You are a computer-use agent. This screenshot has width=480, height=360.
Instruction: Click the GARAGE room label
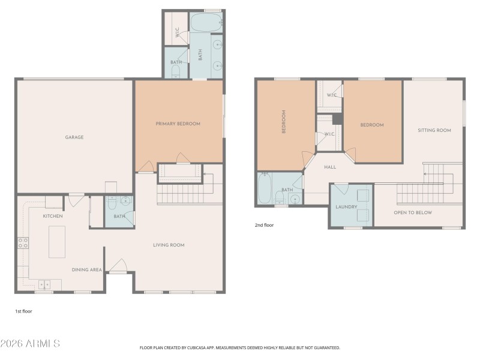click(74, 137)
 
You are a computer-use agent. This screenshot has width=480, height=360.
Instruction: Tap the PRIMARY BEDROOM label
click(178, 124)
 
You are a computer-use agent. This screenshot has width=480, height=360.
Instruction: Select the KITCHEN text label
click(53, 216)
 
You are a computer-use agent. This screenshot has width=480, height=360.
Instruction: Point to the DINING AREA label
click(87, 270)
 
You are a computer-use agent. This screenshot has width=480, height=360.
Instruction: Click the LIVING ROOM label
click(169, 245)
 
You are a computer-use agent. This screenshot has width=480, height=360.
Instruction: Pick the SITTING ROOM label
click(434, 130)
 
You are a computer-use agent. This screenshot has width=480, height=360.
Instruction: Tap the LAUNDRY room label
click(346, 207)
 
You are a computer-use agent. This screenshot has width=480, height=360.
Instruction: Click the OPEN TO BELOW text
click(412, 212)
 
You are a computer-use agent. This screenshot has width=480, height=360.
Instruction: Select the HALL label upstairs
click(330, 167)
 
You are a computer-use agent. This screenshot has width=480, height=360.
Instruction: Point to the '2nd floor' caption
click(265, 226)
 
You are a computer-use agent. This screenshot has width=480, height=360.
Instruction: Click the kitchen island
click(57, 242)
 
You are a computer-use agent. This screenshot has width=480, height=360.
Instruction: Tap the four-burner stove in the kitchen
click(23, 243)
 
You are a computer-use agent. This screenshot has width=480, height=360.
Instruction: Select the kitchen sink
click(45, 284)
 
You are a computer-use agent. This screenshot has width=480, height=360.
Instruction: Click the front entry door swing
click(118, 265)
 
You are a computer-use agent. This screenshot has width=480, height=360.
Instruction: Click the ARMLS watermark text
click(30, 344)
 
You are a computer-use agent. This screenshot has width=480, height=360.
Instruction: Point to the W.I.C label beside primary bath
click(178, 34)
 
